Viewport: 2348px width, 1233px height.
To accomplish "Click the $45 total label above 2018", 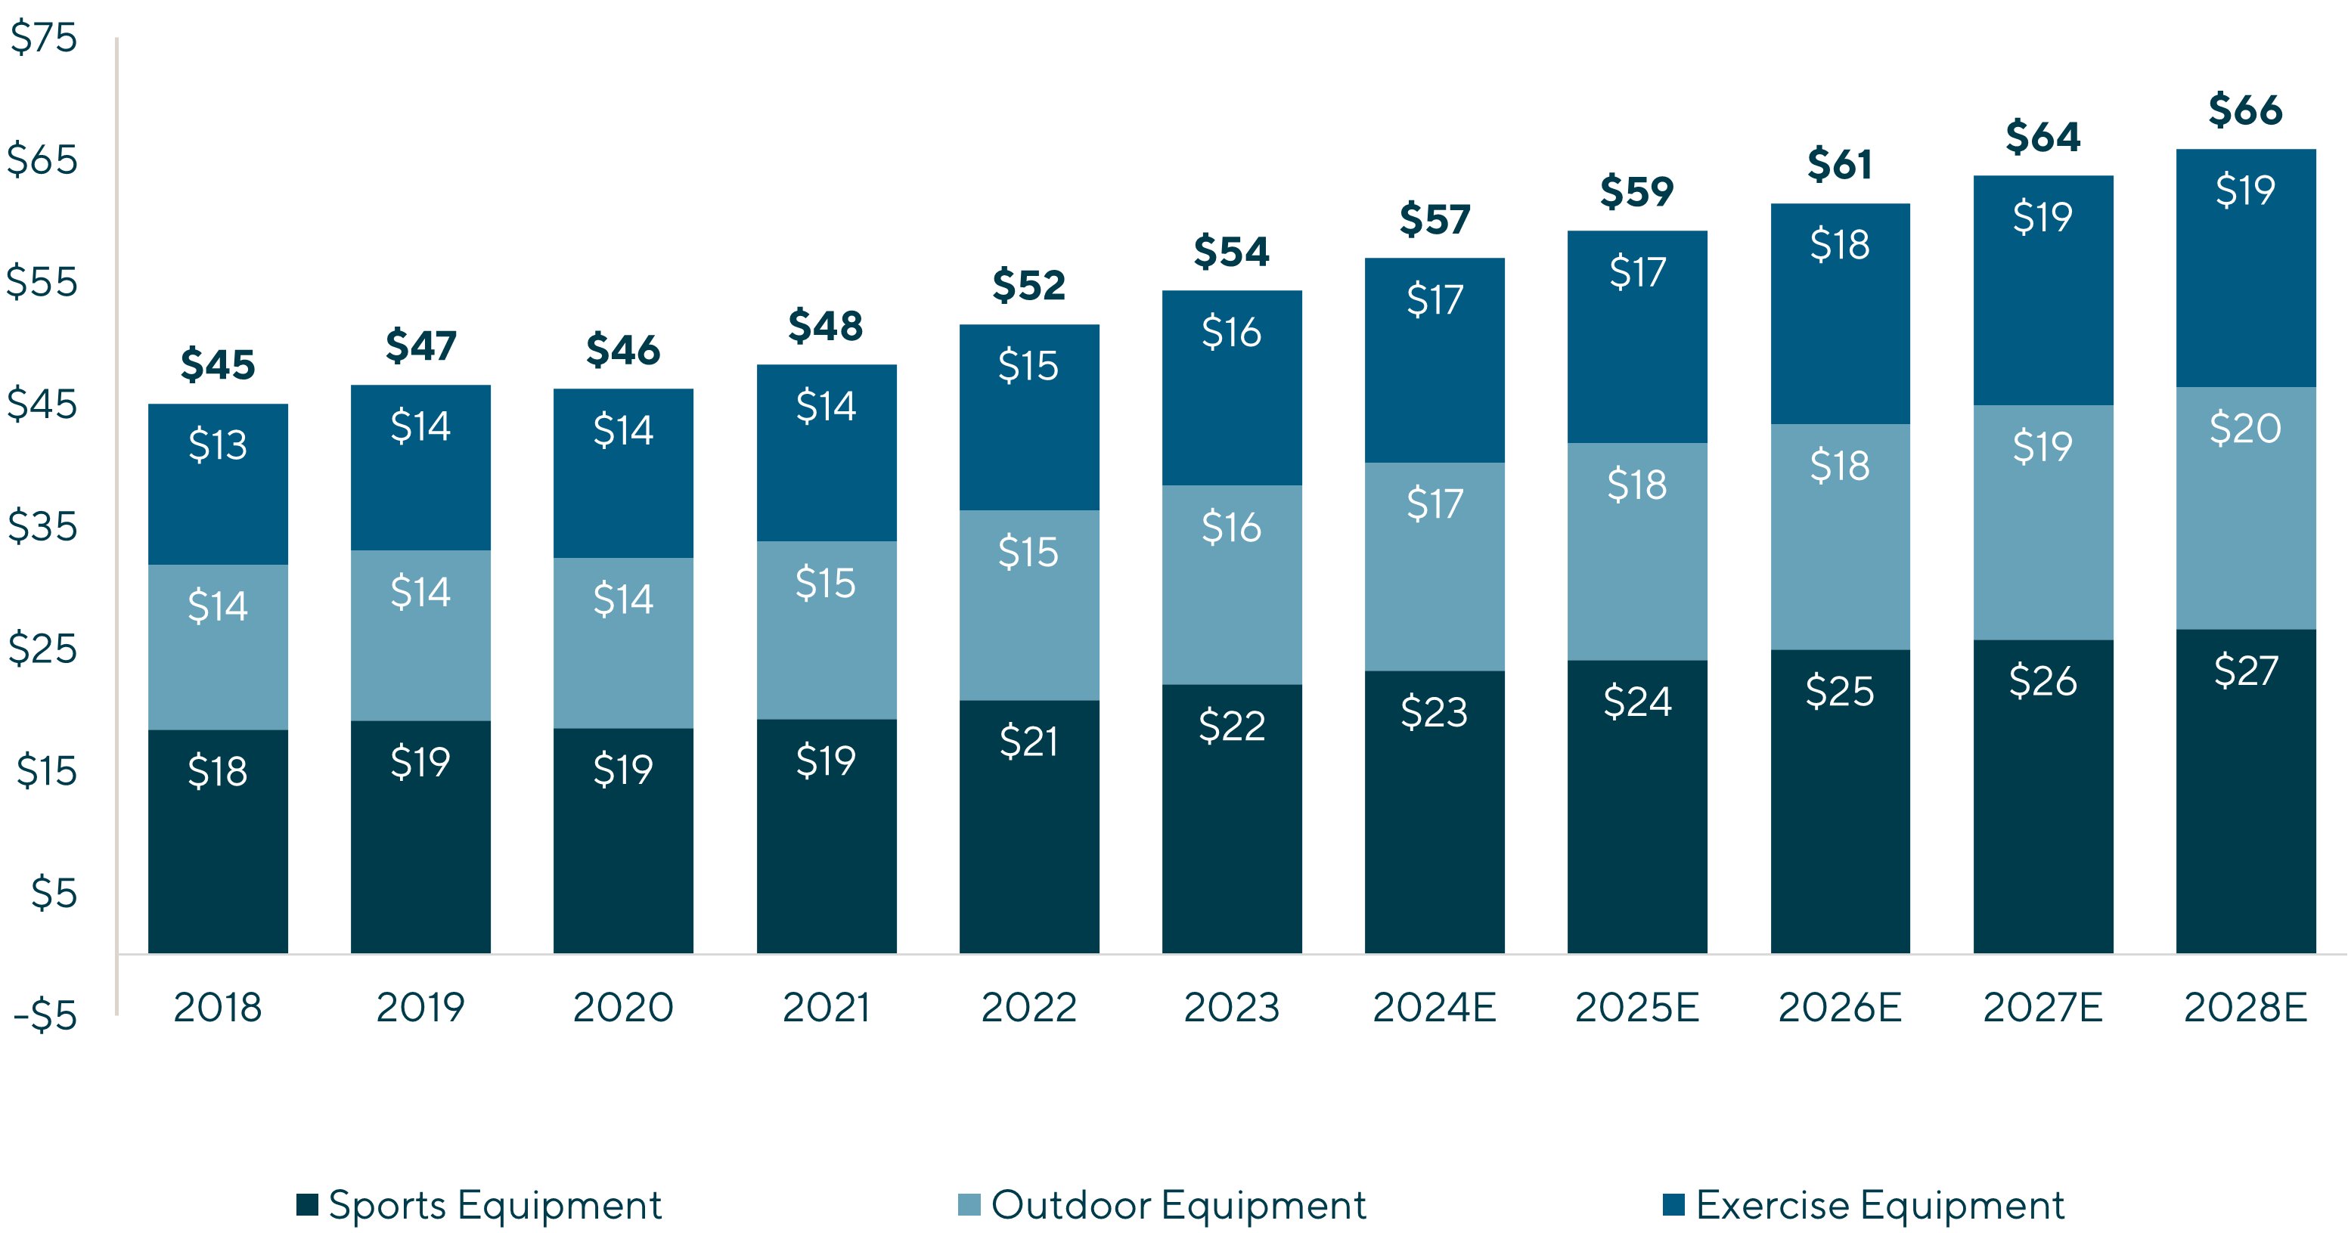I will click(218, 364).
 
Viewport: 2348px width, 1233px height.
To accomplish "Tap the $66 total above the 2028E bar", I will click(2245, 110).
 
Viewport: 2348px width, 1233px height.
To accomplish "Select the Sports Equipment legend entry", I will click(479, 1205).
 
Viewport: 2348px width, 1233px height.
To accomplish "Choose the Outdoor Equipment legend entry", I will click(1162, 1205).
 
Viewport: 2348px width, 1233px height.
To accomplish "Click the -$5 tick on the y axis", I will click(45, 1015).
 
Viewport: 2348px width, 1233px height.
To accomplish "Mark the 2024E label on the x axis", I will click(1435, 1007).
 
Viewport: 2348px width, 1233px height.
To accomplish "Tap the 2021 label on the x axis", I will click(826, 1007).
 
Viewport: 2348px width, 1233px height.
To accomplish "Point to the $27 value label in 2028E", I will click(2246, 671).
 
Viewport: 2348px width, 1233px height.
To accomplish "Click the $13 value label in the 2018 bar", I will click(218, 445).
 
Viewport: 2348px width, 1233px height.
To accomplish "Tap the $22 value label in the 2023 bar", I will click(1231, 726).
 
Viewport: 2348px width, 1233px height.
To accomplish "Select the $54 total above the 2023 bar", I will click(1231, 252).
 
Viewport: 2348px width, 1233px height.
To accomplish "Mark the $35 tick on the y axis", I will click(43, 527).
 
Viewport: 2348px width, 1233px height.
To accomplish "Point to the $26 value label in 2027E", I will click(2042, 680).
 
